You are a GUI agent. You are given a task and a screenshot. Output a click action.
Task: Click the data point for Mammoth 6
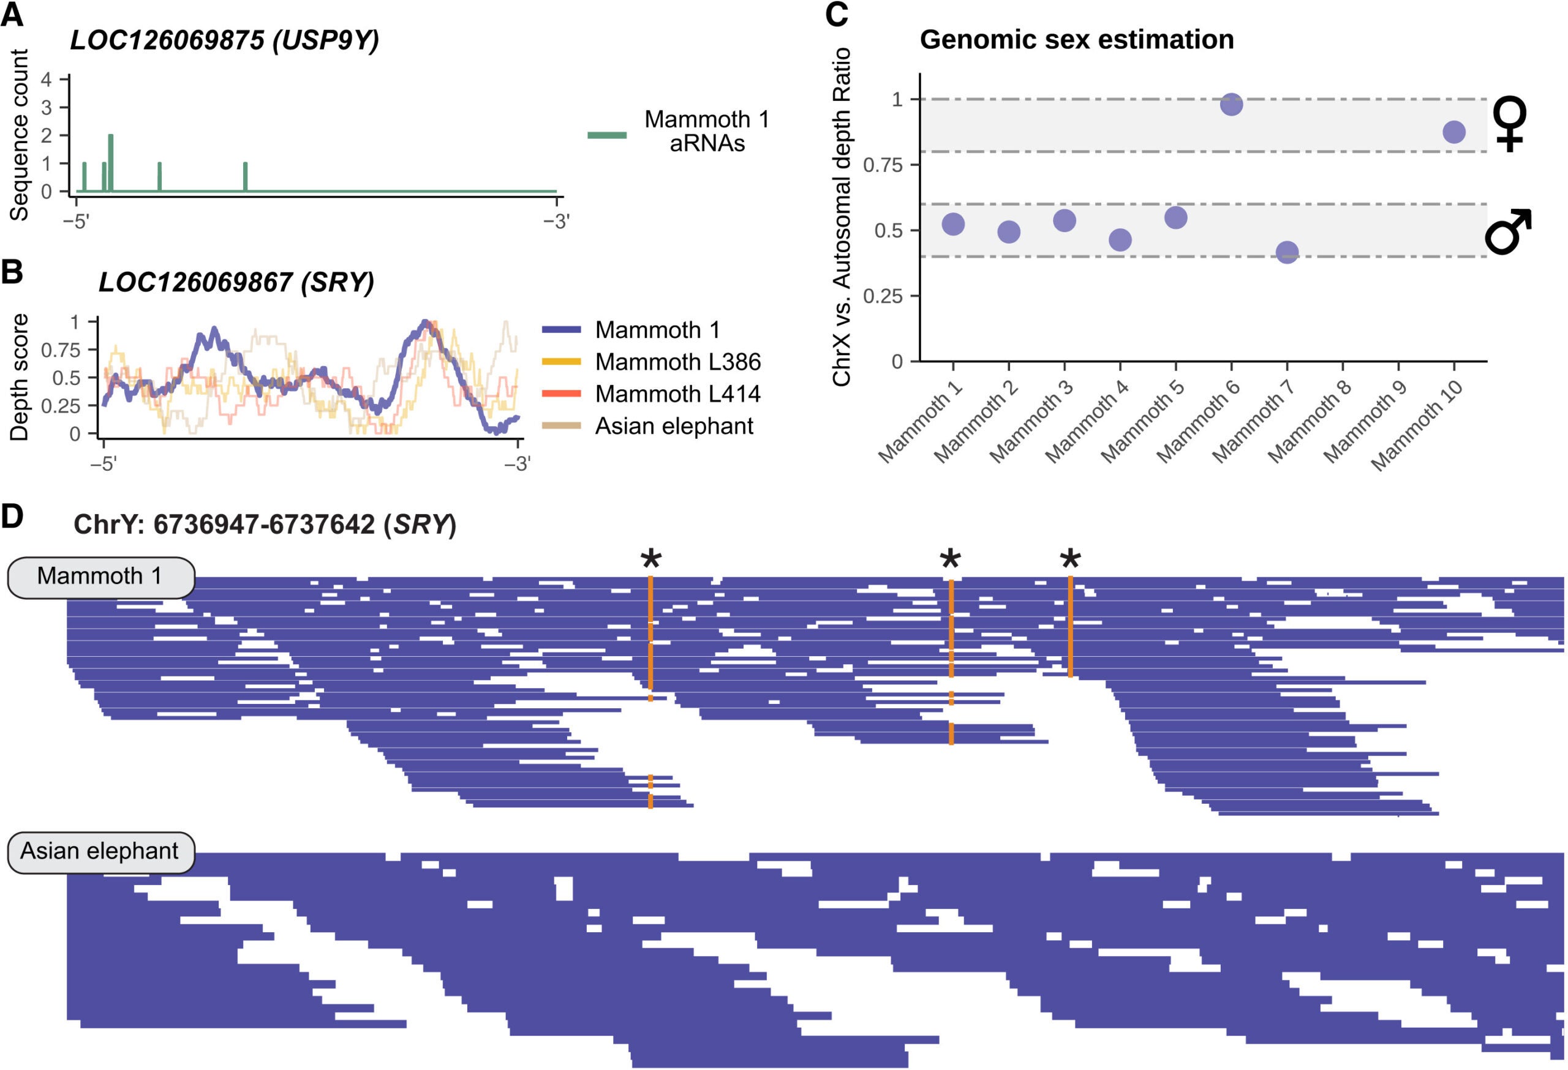pos(1231,105)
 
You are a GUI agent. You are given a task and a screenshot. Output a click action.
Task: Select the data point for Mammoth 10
pos(1454,132)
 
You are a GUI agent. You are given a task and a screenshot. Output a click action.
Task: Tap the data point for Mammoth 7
pos(1287,253)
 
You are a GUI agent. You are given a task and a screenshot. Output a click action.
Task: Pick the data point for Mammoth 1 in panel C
pos(952,224)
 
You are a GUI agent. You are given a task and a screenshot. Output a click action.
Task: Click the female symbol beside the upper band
pos(1509,125)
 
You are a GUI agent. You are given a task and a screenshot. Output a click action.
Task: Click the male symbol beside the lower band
pos(1509,232)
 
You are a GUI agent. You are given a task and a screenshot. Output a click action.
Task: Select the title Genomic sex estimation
pos(1077,40)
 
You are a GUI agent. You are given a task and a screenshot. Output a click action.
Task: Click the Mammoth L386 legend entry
pos(677,362)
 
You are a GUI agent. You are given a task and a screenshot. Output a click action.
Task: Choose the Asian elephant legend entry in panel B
pos(673,426)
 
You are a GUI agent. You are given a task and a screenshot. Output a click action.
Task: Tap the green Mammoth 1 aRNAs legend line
pos(606,135)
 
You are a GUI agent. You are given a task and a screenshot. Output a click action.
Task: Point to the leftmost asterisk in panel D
pos(651,559)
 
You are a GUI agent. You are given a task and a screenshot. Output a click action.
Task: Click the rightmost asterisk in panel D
pos(1071,559)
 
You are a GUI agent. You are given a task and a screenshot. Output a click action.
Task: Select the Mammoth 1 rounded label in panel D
pos(100,577)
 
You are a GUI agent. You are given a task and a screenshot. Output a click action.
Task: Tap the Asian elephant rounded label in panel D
pos(100,851)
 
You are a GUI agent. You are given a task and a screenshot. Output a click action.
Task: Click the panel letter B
pos(13,272)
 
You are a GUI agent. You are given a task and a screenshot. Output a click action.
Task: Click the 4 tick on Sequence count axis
pos(47,80)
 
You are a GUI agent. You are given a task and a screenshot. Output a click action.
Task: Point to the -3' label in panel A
pos(557,221)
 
